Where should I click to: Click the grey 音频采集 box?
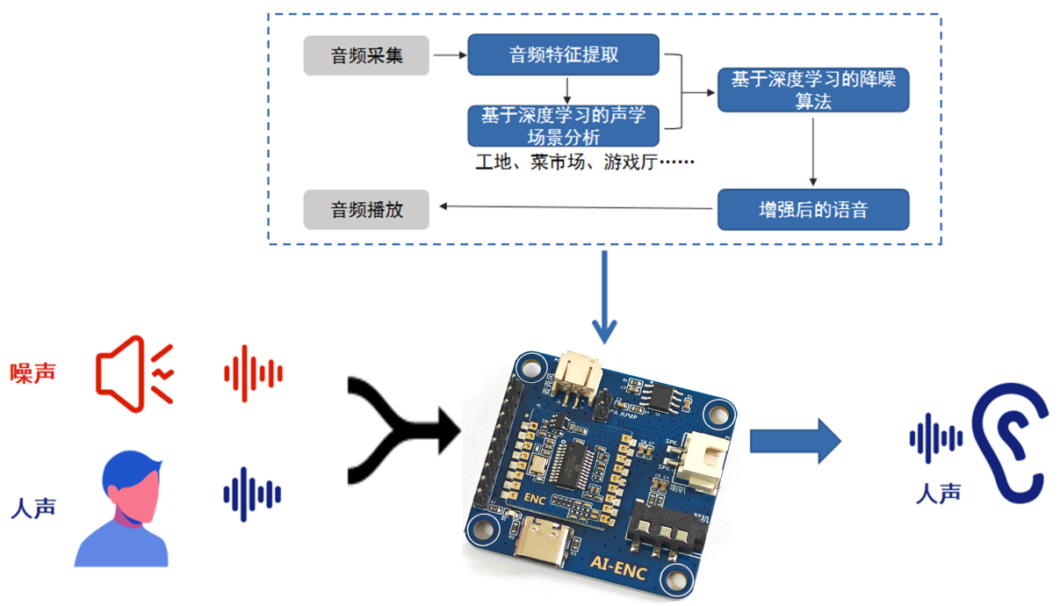pos(366,56)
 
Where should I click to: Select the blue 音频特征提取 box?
pos(563,54)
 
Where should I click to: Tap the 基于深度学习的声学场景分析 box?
pos(563,126)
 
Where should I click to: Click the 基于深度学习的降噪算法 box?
pos(812,90)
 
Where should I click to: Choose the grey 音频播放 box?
pos(366,210)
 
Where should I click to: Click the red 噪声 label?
pos(33,372)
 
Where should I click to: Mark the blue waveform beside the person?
pos(252,494)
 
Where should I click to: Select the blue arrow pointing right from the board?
pos(795,441)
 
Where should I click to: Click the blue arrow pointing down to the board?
pos(604,299)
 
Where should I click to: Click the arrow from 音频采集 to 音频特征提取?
pos(449,55)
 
